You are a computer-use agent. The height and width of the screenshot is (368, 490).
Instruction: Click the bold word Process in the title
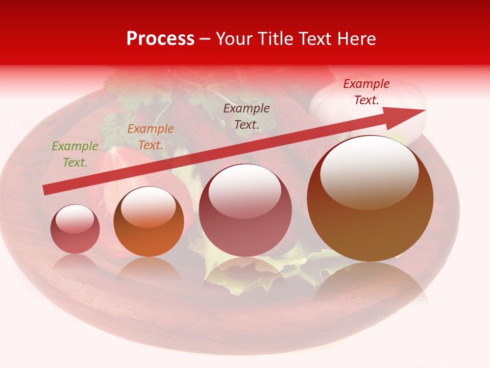pyautogui.click(x=160, y=39)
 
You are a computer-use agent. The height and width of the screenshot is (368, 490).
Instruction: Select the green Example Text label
pyautogui.click(x=75, y=154)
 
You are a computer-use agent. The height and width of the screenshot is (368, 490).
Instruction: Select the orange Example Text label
pyautogui.click(x=151, y=137)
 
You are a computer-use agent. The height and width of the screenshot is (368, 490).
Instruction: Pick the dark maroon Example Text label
pyautogui.click(x=247, y=116)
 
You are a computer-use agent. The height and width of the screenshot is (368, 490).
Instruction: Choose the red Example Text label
pyautogui.click(x=366, y=92)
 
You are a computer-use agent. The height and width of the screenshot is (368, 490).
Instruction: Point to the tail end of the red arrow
pyautogui.click(x=45, y=190)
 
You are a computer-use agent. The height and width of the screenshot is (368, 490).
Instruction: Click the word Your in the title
pyautogui.click(x=235, y=39)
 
